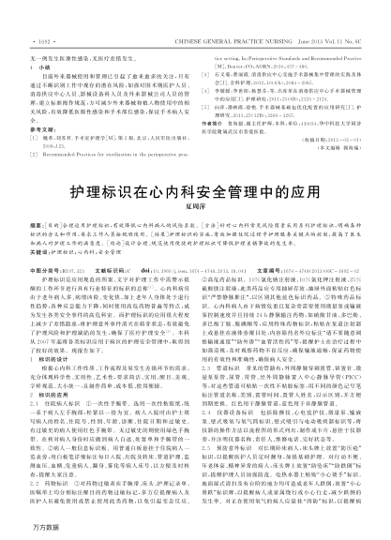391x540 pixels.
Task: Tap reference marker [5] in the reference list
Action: [x=207, y=70]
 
